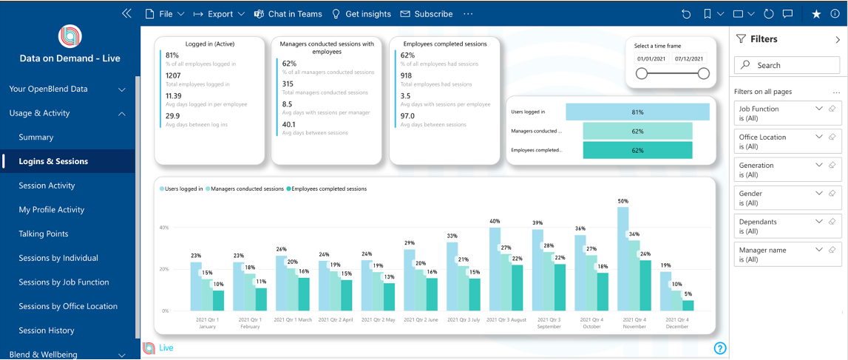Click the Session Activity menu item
tap(47, 186)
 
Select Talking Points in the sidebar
tap(44, 234)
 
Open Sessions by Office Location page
tap(68, 306)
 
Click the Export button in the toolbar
tap(220, 14)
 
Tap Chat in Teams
tap(288, 14)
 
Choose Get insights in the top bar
tap(361, 14)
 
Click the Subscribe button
tap(427, 14)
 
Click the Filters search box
tap(787, 65)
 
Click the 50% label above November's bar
tap(623, 201)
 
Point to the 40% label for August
tap(495, 221)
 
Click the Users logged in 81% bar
tap(637, 112)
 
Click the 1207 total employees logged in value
tap(173, 75)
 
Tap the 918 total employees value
tap(407, 75)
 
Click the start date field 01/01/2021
tap(651, 58)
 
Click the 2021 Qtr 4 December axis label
tap(677, 322)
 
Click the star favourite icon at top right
tap(816, 14)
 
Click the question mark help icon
tap(720, 348)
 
